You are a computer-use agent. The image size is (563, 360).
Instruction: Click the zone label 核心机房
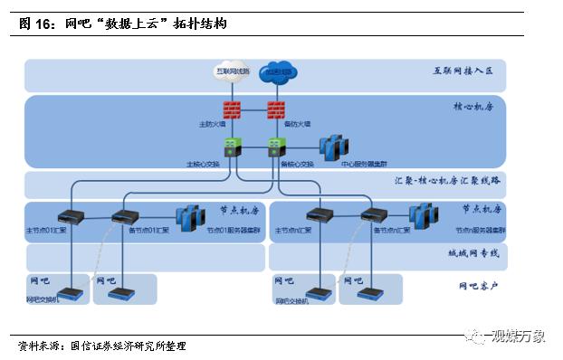(x=476, y=106)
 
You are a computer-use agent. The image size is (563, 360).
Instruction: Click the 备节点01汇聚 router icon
(x=123, y=216)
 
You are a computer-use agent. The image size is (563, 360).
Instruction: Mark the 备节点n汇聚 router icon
(x=373, y=216)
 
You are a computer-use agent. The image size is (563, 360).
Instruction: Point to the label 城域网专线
(x=475, y=254)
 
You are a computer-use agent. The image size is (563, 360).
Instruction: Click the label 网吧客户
(x=476, y=287)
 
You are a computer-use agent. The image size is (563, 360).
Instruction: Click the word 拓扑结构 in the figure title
(x=198, y=24)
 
